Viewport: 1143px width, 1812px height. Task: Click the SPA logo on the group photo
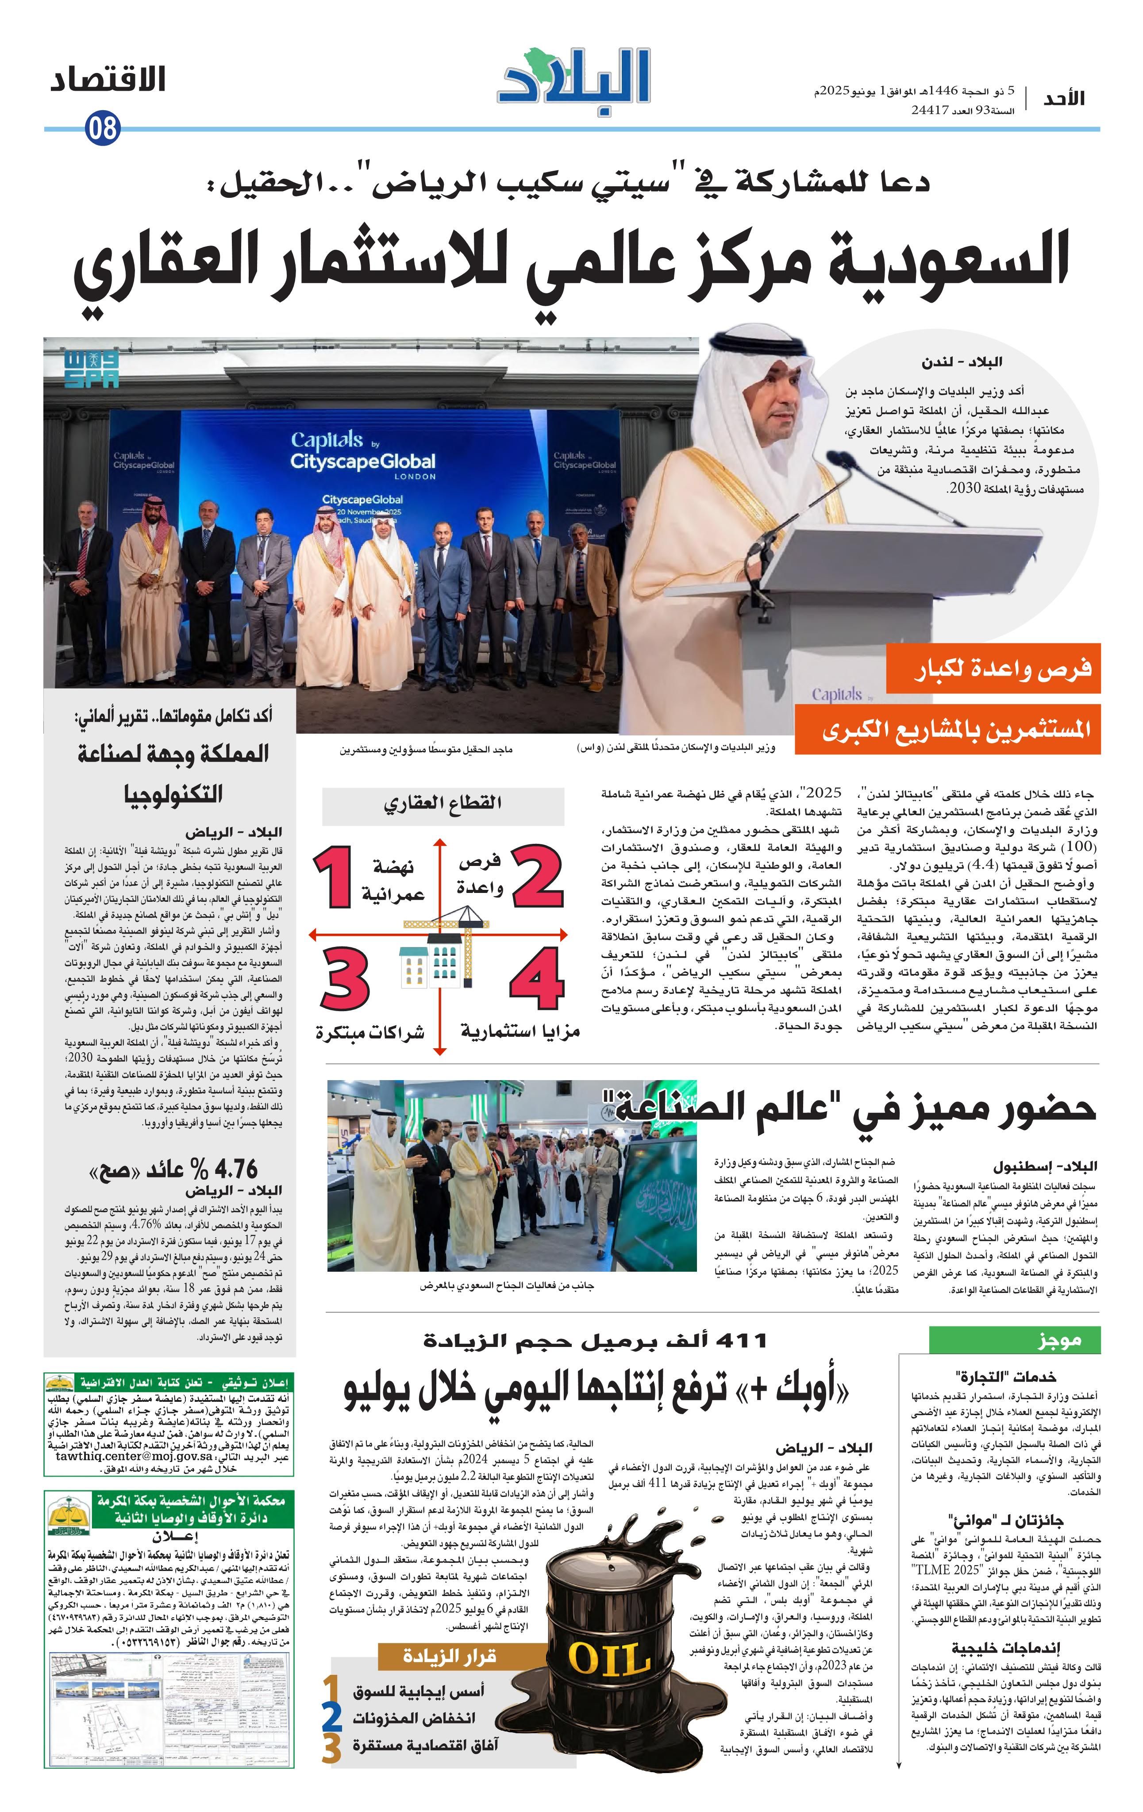point(91,368)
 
